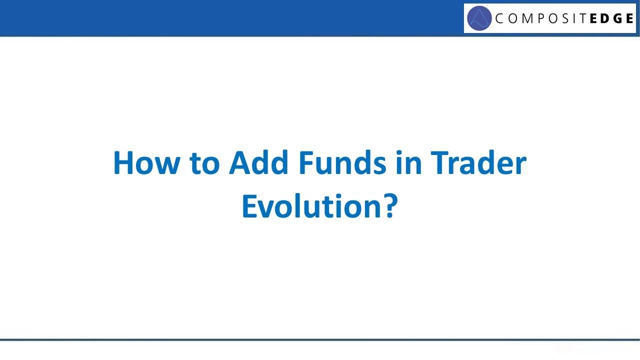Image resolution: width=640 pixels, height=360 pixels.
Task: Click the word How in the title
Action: (145, 163)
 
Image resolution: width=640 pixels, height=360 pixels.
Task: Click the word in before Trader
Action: (408, 163)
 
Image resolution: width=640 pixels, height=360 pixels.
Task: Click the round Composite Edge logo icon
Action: (479, 18)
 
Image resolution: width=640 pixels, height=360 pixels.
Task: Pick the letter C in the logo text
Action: (499, 19)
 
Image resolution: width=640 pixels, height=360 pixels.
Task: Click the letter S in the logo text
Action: (568, 19)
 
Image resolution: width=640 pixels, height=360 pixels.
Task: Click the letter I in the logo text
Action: (578, 19)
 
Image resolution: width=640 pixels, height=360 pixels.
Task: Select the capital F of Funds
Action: (306, 163)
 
